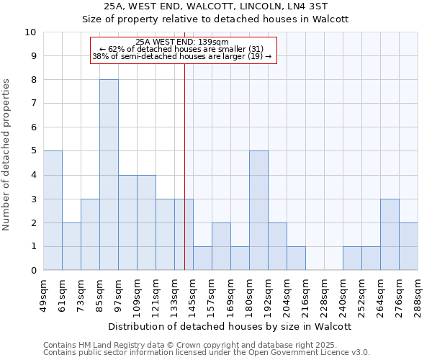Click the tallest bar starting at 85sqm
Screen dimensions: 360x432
109,175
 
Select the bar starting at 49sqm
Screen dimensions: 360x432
53,210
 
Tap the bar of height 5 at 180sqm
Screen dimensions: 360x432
258,210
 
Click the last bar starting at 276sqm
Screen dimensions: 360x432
408,246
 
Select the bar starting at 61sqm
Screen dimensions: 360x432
71,246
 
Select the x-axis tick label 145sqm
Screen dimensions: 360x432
193,296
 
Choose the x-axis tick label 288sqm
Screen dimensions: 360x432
418,296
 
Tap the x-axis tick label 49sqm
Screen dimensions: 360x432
43,296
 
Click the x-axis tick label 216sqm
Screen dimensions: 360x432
305,296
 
